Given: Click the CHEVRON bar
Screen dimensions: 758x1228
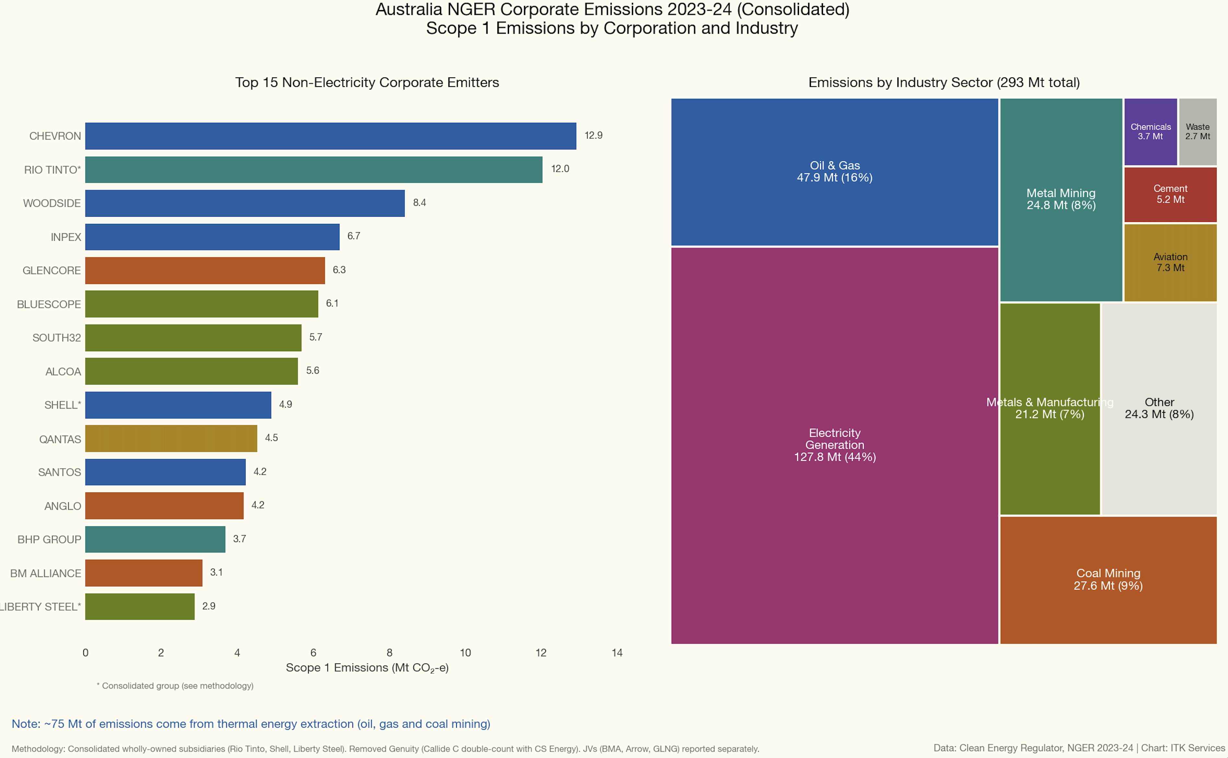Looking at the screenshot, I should coord(330,136).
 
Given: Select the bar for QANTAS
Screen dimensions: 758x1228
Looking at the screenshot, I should coord(171,439).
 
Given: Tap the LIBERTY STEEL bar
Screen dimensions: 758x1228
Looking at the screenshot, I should coord(140,607).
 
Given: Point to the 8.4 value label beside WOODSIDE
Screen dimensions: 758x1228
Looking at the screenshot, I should coord(419,202).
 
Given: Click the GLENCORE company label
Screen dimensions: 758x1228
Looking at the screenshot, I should coord(51,271).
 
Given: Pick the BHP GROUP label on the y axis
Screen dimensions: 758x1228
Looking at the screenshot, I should coord(49,539).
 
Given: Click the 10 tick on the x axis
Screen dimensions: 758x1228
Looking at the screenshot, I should coord(465,653).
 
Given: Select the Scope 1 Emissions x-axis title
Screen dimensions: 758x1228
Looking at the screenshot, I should coord(367,668).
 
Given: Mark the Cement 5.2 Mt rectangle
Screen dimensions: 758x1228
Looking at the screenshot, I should coord(1170,194).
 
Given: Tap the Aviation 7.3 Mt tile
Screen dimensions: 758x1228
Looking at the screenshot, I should coord(1170,262).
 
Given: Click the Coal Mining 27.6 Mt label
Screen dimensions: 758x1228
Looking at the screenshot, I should coord(1108,580).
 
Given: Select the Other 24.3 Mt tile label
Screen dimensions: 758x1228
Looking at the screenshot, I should coord(1159,408).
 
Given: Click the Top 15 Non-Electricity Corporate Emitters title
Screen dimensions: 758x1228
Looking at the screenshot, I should coord(367,82).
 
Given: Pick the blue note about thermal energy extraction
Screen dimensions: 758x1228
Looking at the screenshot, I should coord(251,724).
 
